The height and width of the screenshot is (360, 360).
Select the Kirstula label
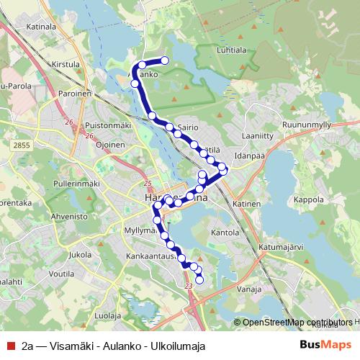66,64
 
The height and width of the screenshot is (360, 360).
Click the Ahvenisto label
70,215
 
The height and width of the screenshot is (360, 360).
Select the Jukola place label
79,254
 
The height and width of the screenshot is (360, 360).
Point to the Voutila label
63,274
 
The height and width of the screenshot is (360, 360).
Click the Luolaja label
108,315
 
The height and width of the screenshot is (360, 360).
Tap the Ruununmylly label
307,125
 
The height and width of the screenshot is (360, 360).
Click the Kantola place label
225,233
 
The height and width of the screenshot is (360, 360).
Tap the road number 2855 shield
22,145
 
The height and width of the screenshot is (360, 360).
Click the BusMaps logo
325,346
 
